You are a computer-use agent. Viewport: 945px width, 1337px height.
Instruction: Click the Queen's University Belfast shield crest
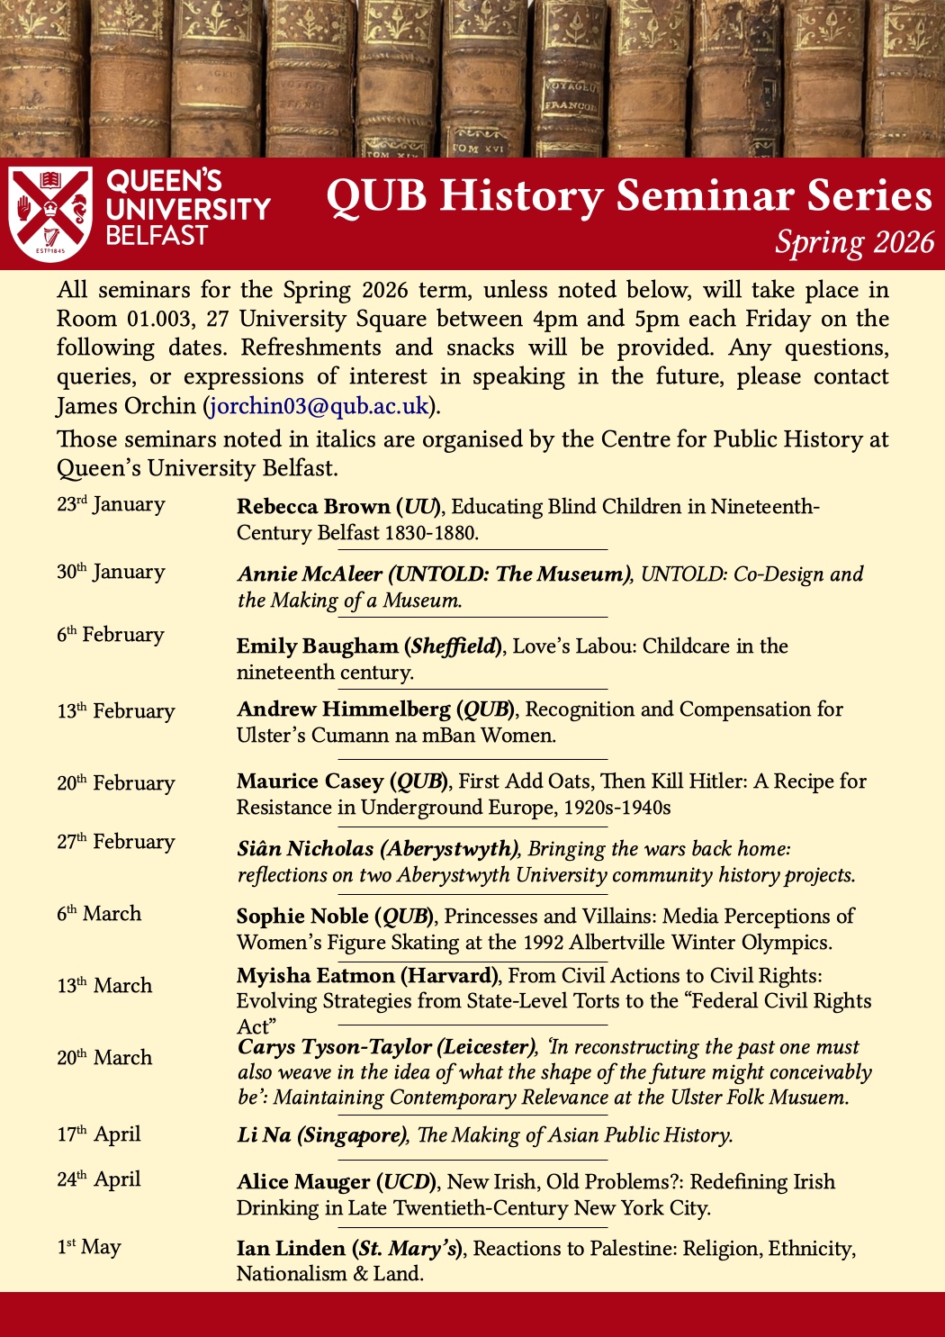tap(50, 213)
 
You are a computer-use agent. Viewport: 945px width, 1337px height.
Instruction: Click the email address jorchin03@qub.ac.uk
tap(319, 406)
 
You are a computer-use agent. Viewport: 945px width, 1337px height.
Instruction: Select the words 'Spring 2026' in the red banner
tap(854, 242)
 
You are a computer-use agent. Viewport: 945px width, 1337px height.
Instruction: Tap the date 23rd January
tap(111, 504)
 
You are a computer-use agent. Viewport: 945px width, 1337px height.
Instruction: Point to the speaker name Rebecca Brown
tap(312, 507)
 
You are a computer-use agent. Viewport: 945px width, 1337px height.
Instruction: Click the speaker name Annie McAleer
tap(310, 574)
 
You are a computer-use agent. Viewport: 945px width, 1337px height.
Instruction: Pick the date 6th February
tap(111, 635)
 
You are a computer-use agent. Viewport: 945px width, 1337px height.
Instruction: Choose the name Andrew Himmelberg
tap(343, 709)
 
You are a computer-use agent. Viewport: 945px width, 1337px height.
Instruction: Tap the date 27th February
tap(115, 842)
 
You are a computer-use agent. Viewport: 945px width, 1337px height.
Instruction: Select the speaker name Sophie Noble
tap(302, 917)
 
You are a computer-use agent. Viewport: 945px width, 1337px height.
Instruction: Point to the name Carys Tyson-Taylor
tap(336, 1047)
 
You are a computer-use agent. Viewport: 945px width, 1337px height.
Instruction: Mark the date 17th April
tap(99, 1134)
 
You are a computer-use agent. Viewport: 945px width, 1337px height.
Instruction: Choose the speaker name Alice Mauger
tap(303, 1182)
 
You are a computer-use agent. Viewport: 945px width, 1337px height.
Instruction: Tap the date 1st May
tap(88, 1247)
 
